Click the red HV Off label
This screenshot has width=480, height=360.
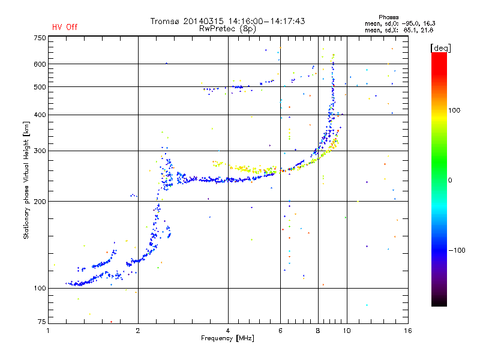point(65,27)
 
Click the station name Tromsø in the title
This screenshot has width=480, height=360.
point(166,21)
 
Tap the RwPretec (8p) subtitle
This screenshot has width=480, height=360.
point(227,29)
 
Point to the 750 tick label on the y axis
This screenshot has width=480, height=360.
point(40,38)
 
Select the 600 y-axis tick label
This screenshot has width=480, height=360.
point(40,64)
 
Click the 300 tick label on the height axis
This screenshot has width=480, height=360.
point(40,151)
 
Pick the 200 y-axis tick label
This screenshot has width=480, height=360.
point(40,202)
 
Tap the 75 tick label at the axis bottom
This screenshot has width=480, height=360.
point(42,322)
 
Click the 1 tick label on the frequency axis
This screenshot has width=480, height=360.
point(48,331)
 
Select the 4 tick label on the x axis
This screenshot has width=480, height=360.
point(228,331)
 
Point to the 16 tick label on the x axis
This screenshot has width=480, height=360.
point(408,331)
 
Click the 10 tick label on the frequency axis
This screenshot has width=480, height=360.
point(347,331)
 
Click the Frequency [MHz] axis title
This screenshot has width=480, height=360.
point(227,338)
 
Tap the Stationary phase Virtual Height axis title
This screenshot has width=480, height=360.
point(26,181)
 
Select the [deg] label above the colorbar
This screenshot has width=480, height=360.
point(440,48)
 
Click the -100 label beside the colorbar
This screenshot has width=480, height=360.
point(457,250)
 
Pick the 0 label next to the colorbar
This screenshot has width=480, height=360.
point(450,181)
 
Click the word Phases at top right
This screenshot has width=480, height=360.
point(388,17)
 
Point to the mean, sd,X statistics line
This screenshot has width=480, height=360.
point(399,31)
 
